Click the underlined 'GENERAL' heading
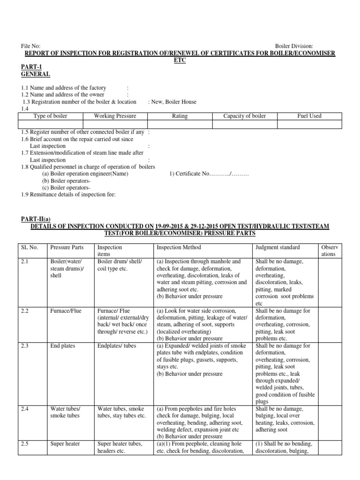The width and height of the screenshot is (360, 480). point(36,74)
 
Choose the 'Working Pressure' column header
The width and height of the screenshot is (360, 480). point(115,116)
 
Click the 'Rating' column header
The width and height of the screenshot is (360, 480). point(180,116)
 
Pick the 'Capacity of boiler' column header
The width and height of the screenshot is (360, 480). point(244,116)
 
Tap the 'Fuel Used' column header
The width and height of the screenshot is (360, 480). point(309,116)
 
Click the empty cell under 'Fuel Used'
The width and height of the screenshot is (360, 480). point(309,124)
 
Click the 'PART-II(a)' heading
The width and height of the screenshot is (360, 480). point(37,219)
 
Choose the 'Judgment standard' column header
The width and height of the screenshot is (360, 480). point(277,247)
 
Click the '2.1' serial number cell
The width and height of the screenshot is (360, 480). point(26,261)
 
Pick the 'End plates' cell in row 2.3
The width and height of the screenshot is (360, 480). point(63,345)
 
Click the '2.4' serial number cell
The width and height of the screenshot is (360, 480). point(26,409)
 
